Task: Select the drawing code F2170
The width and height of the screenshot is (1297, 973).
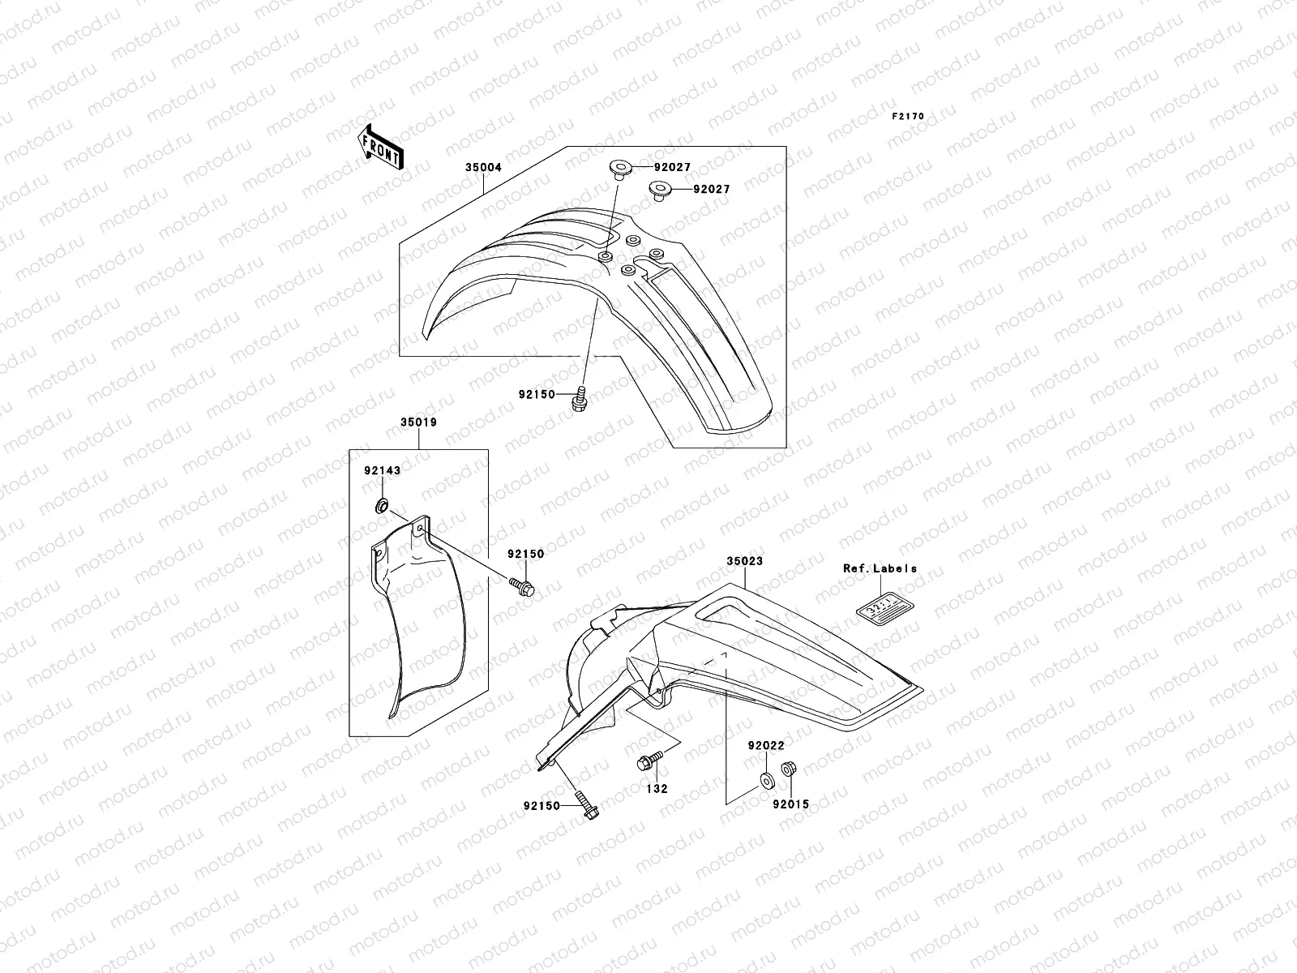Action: [908, 117]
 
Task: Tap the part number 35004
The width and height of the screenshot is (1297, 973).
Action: [483, 168]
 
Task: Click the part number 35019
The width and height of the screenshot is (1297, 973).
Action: [418, 422]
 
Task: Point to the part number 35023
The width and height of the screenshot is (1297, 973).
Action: [744, 561]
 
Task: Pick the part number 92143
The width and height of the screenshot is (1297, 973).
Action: [382, 470]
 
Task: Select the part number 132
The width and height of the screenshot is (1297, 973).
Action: [657, 788]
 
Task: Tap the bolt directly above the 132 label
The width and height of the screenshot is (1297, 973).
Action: [650, 761]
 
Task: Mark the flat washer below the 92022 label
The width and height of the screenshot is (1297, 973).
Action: [764, 782]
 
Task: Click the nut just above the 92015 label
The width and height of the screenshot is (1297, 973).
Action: [787, 769]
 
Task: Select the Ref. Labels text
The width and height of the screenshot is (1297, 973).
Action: [880, 568]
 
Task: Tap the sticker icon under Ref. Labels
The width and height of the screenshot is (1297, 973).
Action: [880, 607]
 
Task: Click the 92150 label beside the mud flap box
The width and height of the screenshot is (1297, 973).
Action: [526, 554]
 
